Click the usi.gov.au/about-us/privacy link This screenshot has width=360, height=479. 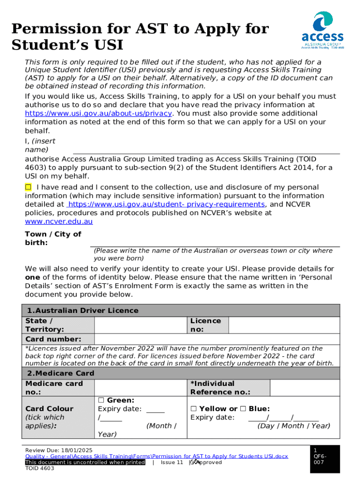coord(99,113)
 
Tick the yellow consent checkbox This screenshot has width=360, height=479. coord(28,187)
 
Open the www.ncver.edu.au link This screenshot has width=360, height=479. coord(58,221)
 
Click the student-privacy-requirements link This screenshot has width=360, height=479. coord(166,204)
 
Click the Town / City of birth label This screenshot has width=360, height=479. coord(53,238)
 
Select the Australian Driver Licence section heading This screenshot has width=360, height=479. coord(83,311)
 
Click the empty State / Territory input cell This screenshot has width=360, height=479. coord(141,325)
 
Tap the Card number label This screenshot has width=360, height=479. coord(53,339)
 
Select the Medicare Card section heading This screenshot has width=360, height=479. coord(61,373)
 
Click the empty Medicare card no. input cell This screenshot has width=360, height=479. coord(141,388)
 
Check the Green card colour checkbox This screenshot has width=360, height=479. coord(101,400)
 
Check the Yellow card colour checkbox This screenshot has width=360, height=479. coord(194,409)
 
